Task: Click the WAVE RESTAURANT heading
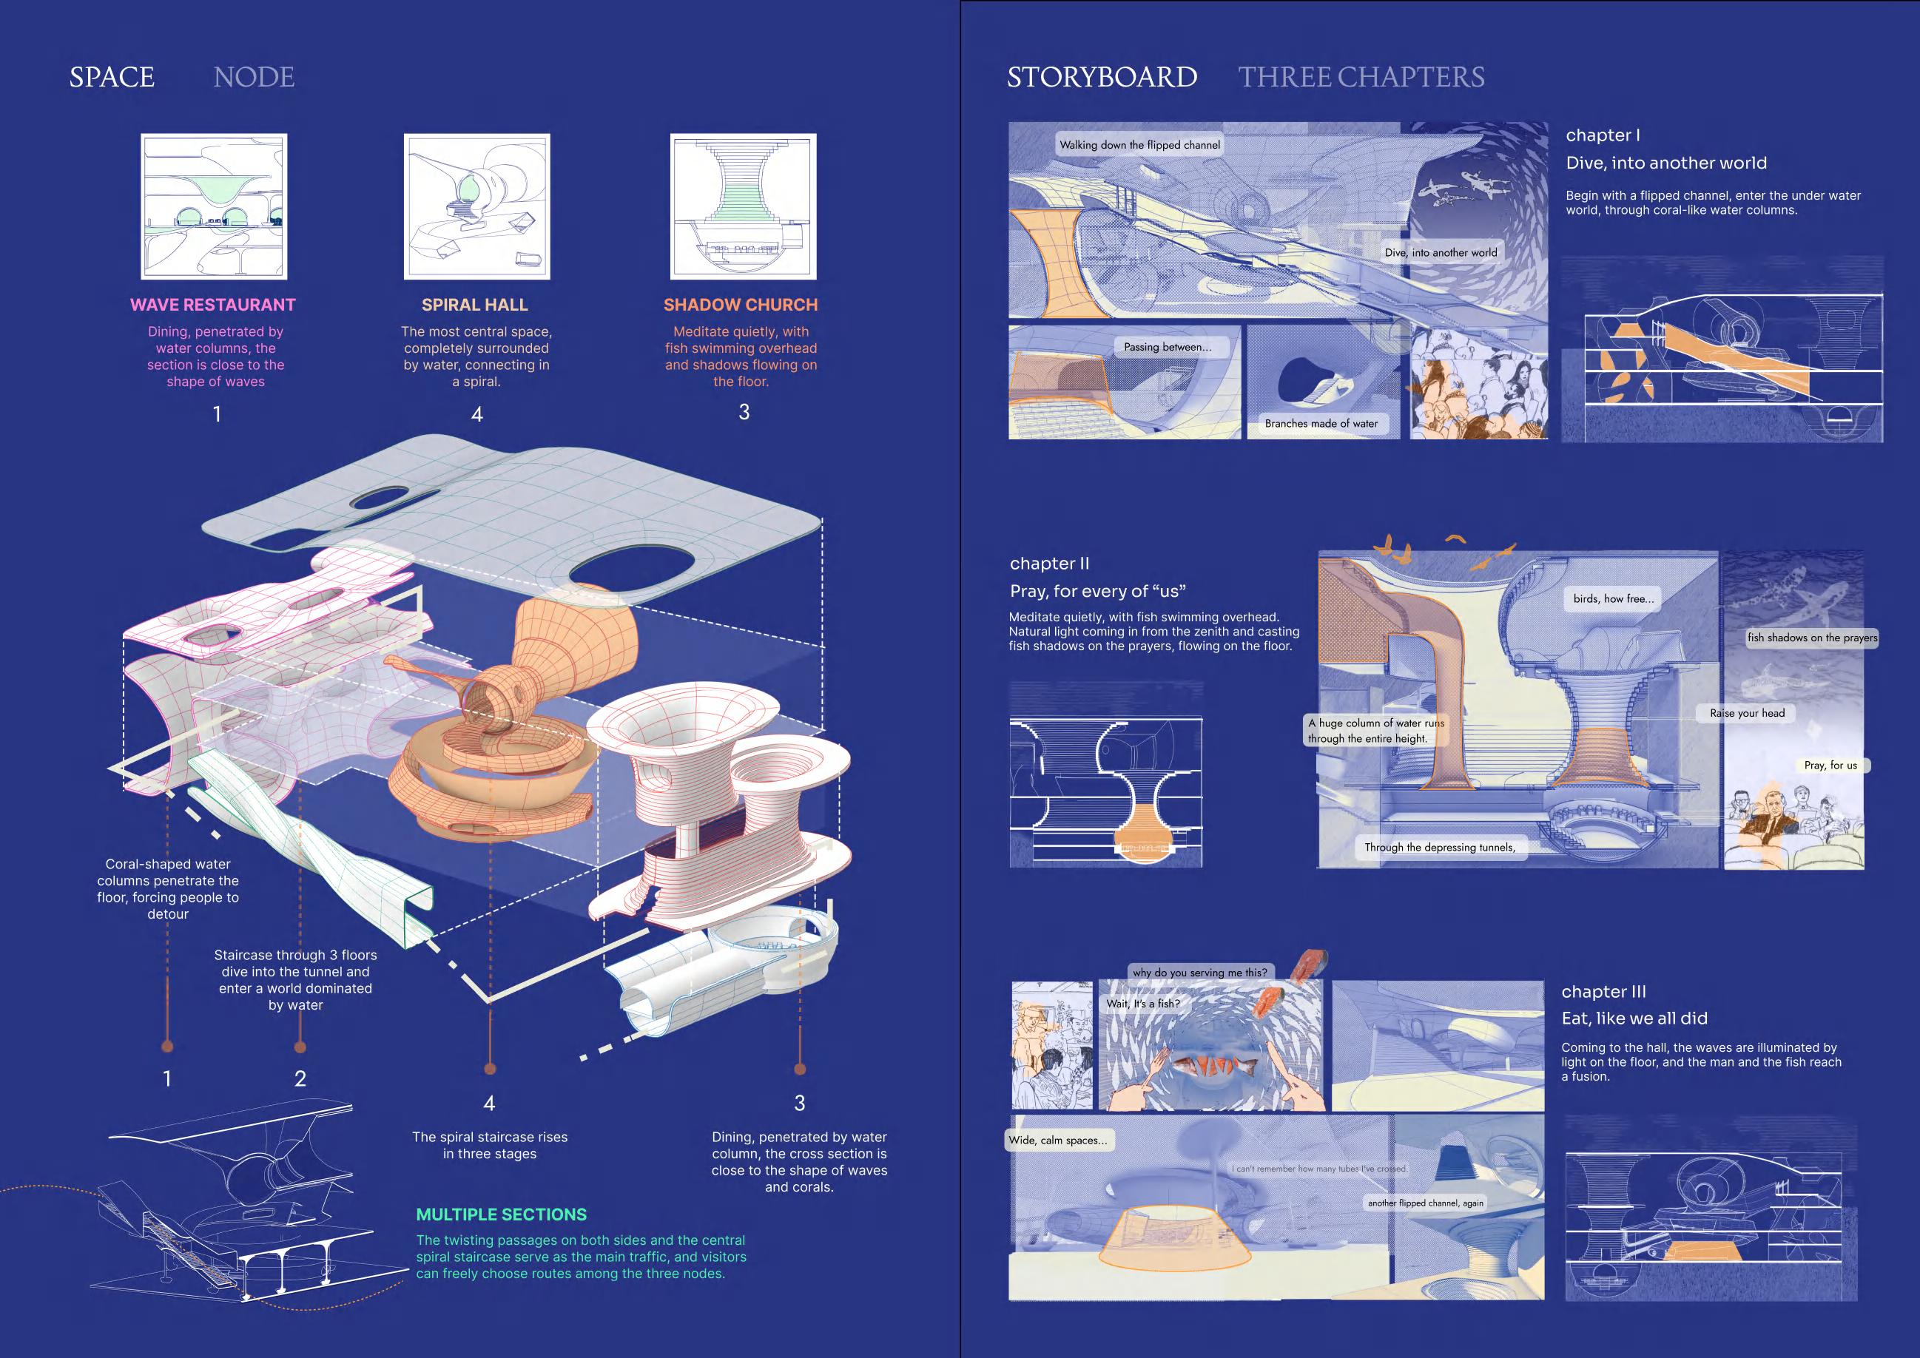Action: (x=212, y=305)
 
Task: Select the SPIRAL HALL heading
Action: (x=474, y=305)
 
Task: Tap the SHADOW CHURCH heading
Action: (x=740, y=305)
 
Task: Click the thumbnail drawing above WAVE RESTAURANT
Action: (x=214, y=206)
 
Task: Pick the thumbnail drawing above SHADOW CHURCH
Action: (x=743, y=206)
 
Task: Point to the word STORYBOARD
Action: (x=1102, y=77)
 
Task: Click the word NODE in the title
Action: (x=253, y=77)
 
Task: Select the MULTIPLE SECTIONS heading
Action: (x=501, y=1215)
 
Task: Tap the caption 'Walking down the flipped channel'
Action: (x=1139, y=145)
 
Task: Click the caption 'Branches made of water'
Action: (x=1321, y=424)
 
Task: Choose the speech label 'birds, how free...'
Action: (x=1612, y=598)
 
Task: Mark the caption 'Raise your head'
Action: (x=1746, y=713)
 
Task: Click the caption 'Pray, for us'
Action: (x=1830, y=765)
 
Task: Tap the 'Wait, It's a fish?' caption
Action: (x=1142, y=1004)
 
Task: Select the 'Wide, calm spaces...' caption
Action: (x=1057, y=1140)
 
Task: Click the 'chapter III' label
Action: (x=1603, y=992)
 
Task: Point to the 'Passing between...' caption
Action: (x=1167, y=347)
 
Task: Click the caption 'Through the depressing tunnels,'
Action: (x=1439, y=847)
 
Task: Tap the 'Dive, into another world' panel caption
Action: (x=1440, y=252)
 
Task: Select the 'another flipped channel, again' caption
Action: (x=1425, y=1203)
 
